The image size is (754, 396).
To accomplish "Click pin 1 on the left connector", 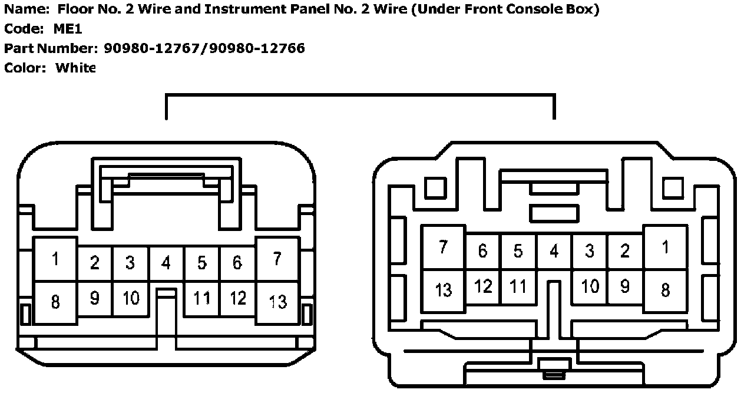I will (x=55, y=259).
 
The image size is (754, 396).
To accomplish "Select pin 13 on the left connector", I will (x=277, y=301).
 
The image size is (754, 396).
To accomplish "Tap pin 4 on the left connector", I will (x=166, y=263).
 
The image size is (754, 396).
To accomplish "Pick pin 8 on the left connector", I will (x=55, y=302).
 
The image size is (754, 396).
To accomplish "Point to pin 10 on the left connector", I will (x=130, y=298).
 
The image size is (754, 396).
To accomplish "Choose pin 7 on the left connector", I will (x=277, y=259).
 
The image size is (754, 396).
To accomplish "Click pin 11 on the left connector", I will (x=201, y=298).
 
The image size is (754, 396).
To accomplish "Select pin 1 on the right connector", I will (x=666, y=247).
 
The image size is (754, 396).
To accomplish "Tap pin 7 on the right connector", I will (x=443, y=247).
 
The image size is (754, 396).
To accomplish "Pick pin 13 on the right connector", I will (x=443, y=289).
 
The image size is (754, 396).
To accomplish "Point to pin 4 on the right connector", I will (x=554, y=251).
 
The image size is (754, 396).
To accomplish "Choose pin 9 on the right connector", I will (x=625, y=286).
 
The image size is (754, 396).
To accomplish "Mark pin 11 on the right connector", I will (x=518, y=286).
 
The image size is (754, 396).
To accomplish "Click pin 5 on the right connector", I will (x=518, y=251).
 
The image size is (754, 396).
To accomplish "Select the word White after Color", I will (x=75, y=68).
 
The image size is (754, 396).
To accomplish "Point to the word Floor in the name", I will (x=73, y=10).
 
